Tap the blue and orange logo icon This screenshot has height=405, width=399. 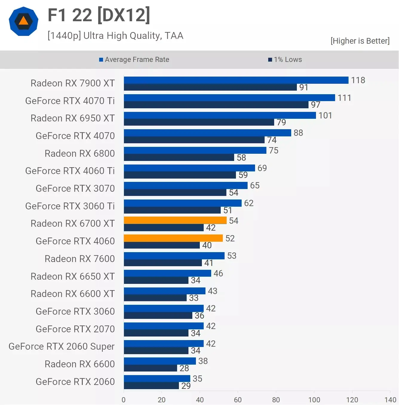(x=24, y=21)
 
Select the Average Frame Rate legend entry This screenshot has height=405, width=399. (x=134, y=60)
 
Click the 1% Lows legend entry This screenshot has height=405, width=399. (x=285, y=60)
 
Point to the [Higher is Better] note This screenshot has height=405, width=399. (x=360, y=41)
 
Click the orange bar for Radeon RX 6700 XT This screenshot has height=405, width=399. (x=175, y=220)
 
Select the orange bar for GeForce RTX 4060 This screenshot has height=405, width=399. (x=173, y=238)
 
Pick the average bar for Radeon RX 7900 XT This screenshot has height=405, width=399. (x=236, y=80)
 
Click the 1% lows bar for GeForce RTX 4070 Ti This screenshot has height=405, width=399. (x=216, y=105)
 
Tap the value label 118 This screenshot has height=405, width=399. (x=358, y=80)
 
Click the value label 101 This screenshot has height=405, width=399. (x=325, y=115)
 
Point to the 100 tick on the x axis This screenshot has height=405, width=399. (x=314, y=400)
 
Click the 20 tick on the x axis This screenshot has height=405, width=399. (x=162, y=400)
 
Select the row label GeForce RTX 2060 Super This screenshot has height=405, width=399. (x=62, y=346)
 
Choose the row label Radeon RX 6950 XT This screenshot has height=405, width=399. (x=73, y=118)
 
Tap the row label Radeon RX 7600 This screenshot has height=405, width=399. (x=79, y=259)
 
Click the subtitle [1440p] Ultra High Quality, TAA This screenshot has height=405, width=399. (x=115, y=36)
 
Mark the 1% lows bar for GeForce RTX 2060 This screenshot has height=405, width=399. (x=151, y=386)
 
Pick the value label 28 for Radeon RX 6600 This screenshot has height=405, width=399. (x=184, y=368)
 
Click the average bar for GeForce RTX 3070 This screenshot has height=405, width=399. (x=185, y=185)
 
